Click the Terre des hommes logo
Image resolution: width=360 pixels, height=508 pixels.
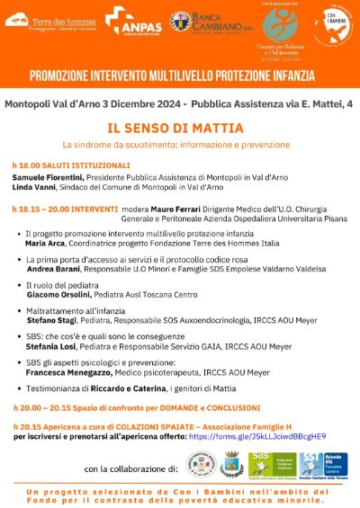point(51,20)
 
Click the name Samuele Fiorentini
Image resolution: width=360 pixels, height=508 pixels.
point(49,178)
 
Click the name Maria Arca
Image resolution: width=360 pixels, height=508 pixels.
point(46,244)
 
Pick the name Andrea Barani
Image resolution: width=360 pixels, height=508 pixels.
point(53,269)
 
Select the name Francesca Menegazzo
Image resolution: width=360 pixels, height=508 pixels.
point(67,371)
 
